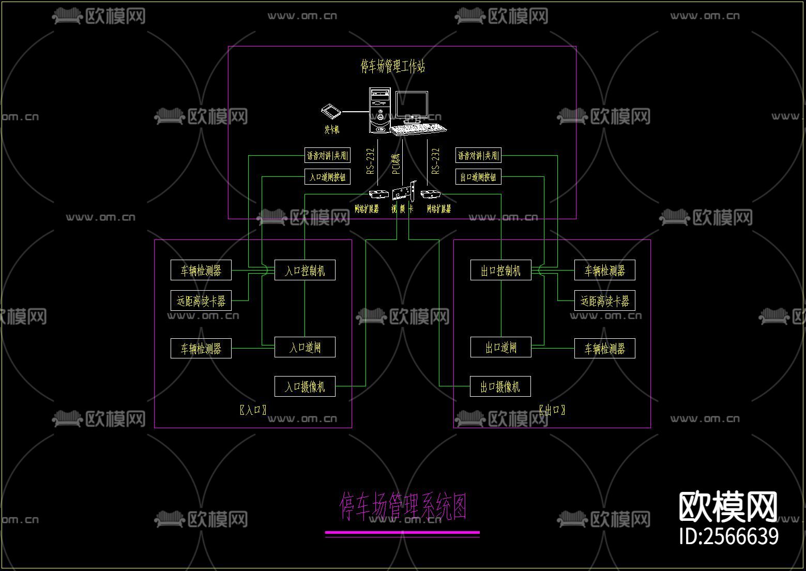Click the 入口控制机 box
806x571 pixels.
[x=305, y=270]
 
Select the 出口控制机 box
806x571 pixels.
[x=500, y=271]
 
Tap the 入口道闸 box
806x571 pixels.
[x=305, y=347]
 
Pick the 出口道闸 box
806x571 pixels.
[x=500, y=347]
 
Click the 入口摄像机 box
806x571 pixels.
[x=305, y=386]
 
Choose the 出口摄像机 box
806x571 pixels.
[x=500, y=386]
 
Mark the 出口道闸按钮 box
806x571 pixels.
[x=478, y=177]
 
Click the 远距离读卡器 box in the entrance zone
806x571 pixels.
[x=201, y=300]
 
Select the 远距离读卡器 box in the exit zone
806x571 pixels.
[x=604, y=300]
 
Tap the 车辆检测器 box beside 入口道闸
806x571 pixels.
[x=201, y=348]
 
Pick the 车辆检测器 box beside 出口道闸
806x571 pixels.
[x=604, y=348]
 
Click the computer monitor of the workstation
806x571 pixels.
[x=412, y=107]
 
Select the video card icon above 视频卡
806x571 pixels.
[x=403, y=192]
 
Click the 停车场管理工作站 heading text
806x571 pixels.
[x=392, y=66]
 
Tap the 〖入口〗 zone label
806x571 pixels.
[x=253, y=410]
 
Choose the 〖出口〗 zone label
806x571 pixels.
[x=552, y=410]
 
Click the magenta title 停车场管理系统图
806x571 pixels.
[x=403, y=506]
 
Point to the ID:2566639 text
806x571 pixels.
[x=728, y=536]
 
